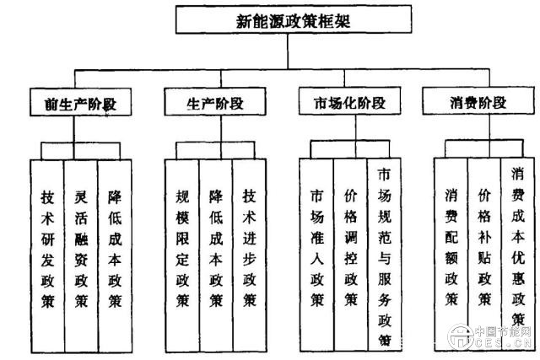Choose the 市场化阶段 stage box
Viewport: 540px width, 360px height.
coord(342,104)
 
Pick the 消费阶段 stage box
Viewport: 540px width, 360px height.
coord(477,104)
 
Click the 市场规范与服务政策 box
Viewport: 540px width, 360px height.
coord(384,253)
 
